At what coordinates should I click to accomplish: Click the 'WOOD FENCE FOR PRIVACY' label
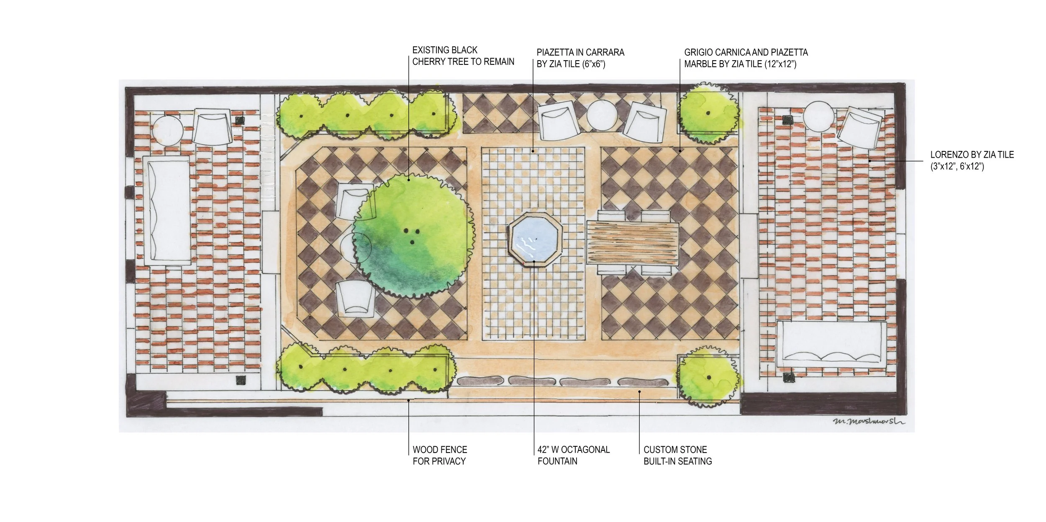pos(440,455)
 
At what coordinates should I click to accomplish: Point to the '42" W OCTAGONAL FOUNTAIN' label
pos(574,455)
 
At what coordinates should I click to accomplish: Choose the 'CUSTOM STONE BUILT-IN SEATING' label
pos(678,455)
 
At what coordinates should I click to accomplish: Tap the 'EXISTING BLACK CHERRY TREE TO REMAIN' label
pos(463,56)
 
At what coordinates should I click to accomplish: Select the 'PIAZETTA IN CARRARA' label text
pos(580,52)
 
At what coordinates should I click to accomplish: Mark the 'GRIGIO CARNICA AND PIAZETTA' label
pos(746,52)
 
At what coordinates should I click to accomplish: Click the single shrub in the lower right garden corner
pos(708,377)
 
